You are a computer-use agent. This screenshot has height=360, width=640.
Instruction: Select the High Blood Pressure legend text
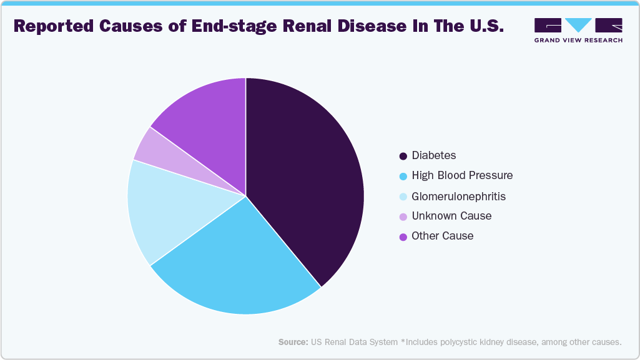(x=462, y=175)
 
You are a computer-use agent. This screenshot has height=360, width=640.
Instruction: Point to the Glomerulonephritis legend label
(x=458, y=196)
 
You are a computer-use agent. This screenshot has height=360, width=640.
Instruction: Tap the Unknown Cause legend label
(x=451, y=216)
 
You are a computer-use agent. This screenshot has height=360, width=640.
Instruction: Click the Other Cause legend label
(x=442, y=236)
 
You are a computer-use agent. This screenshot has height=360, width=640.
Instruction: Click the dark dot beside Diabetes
(x=403, y=156)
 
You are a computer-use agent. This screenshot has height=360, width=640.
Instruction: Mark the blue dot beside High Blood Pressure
(x=403, y=176)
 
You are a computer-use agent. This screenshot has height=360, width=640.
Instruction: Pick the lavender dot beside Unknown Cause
(x=403, y=216)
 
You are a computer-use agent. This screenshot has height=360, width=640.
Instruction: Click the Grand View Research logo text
(x=578, y=40)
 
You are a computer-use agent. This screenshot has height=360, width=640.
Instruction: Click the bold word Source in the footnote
(x=293, y=343)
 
